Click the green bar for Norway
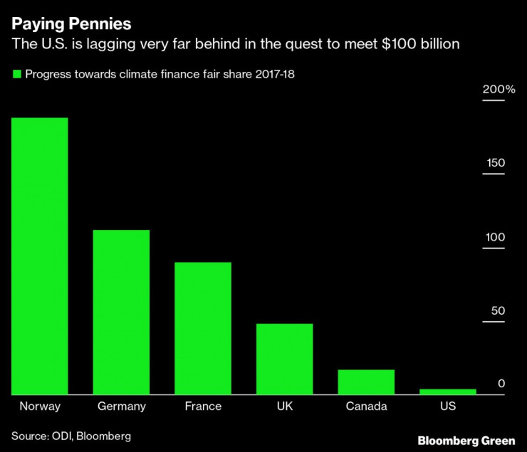point(40,256)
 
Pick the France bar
point(203,328)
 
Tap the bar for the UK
point(284,359)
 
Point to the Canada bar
point(366,382)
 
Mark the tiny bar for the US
point(447,391)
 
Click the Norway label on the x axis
point(40,406)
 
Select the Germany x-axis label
point(121,406)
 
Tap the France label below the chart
point(203,406)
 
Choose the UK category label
point(284,406)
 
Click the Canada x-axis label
point(366,406)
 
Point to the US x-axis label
point(447,406)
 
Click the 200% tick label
point(499,90)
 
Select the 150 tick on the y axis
point(496,163)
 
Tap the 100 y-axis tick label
point(496,237)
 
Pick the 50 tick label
point(498,311)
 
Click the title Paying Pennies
point(71,23)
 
